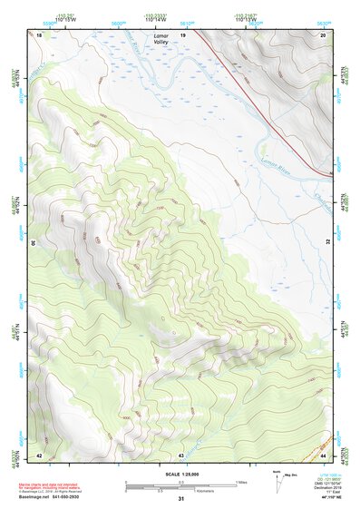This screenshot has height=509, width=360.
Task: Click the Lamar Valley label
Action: click(161, 39)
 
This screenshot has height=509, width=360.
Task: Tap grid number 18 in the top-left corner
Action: click(40, 34)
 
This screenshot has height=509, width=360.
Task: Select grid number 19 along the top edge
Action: click(182, 34)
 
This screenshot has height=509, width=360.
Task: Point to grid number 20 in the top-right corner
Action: click(322, 34)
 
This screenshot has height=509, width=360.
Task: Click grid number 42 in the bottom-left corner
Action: click(39, 454)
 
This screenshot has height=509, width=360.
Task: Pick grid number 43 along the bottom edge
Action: click(181, 454)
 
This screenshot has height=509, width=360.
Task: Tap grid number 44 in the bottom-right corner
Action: click(323, 454)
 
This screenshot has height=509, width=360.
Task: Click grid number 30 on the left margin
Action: click(34, 243)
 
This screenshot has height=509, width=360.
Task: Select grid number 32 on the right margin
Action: click(327, 243)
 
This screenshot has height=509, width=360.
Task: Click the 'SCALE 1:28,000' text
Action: click(181, 474)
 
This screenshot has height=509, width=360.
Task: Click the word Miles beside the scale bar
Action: click(241, 481)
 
